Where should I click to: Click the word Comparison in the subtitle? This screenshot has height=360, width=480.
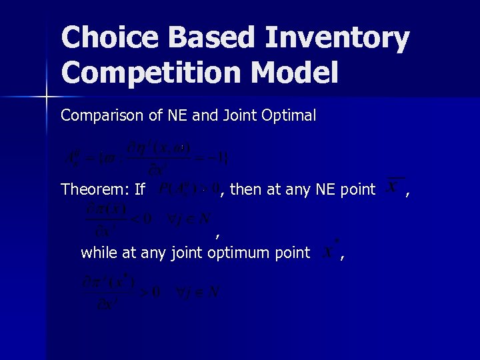pyautogui.click(x=97, y=115)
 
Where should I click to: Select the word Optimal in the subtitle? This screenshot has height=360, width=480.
pyautogui.click(x=289, y=115)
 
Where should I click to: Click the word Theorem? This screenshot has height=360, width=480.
pyautogui.click(x=94, y=189)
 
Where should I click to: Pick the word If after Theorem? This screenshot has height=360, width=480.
pyautogui.click(x=140, y=189)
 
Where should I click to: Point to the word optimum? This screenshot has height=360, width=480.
pyautogui.click(x=241, y=253)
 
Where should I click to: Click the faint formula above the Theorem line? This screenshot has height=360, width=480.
pyautogui.click(x=147, y=155)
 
